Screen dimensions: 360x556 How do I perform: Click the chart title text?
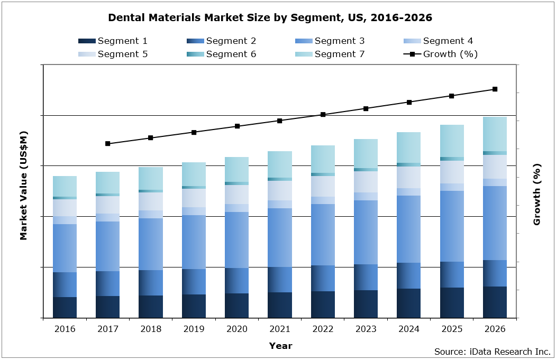[x=270, y=17]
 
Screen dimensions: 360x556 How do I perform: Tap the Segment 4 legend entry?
[x=438, y=41]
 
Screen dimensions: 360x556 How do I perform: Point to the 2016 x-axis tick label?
[x=65, y=329]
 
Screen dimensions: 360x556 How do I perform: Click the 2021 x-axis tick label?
[x=280, y=329]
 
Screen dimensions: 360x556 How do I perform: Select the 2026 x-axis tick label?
[x=495, y=329]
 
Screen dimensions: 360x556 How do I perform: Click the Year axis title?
[x=280, y=346]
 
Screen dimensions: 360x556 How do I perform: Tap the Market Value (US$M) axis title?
[x=23, y=192]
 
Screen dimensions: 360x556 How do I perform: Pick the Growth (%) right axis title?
[x=536, y=194]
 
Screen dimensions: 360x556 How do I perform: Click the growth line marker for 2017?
[x=107, y=143]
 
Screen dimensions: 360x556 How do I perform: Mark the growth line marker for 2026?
[x=495, y=89]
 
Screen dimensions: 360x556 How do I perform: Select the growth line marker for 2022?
[x=323, y=114]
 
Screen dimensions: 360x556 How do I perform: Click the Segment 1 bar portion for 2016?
[x=65, y=307]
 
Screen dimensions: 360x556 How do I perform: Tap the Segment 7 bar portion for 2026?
[x=495, y=134]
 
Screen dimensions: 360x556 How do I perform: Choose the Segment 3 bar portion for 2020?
[x=236, y=240]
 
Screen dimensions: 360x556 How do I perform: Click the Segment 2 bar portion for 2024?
[x=408, y=275]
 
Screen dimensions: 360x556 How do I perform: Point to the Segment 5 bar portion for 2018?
[x=151, y=201]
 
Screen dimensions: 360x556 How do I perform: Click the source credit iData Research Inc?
[x=493, y=352]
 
